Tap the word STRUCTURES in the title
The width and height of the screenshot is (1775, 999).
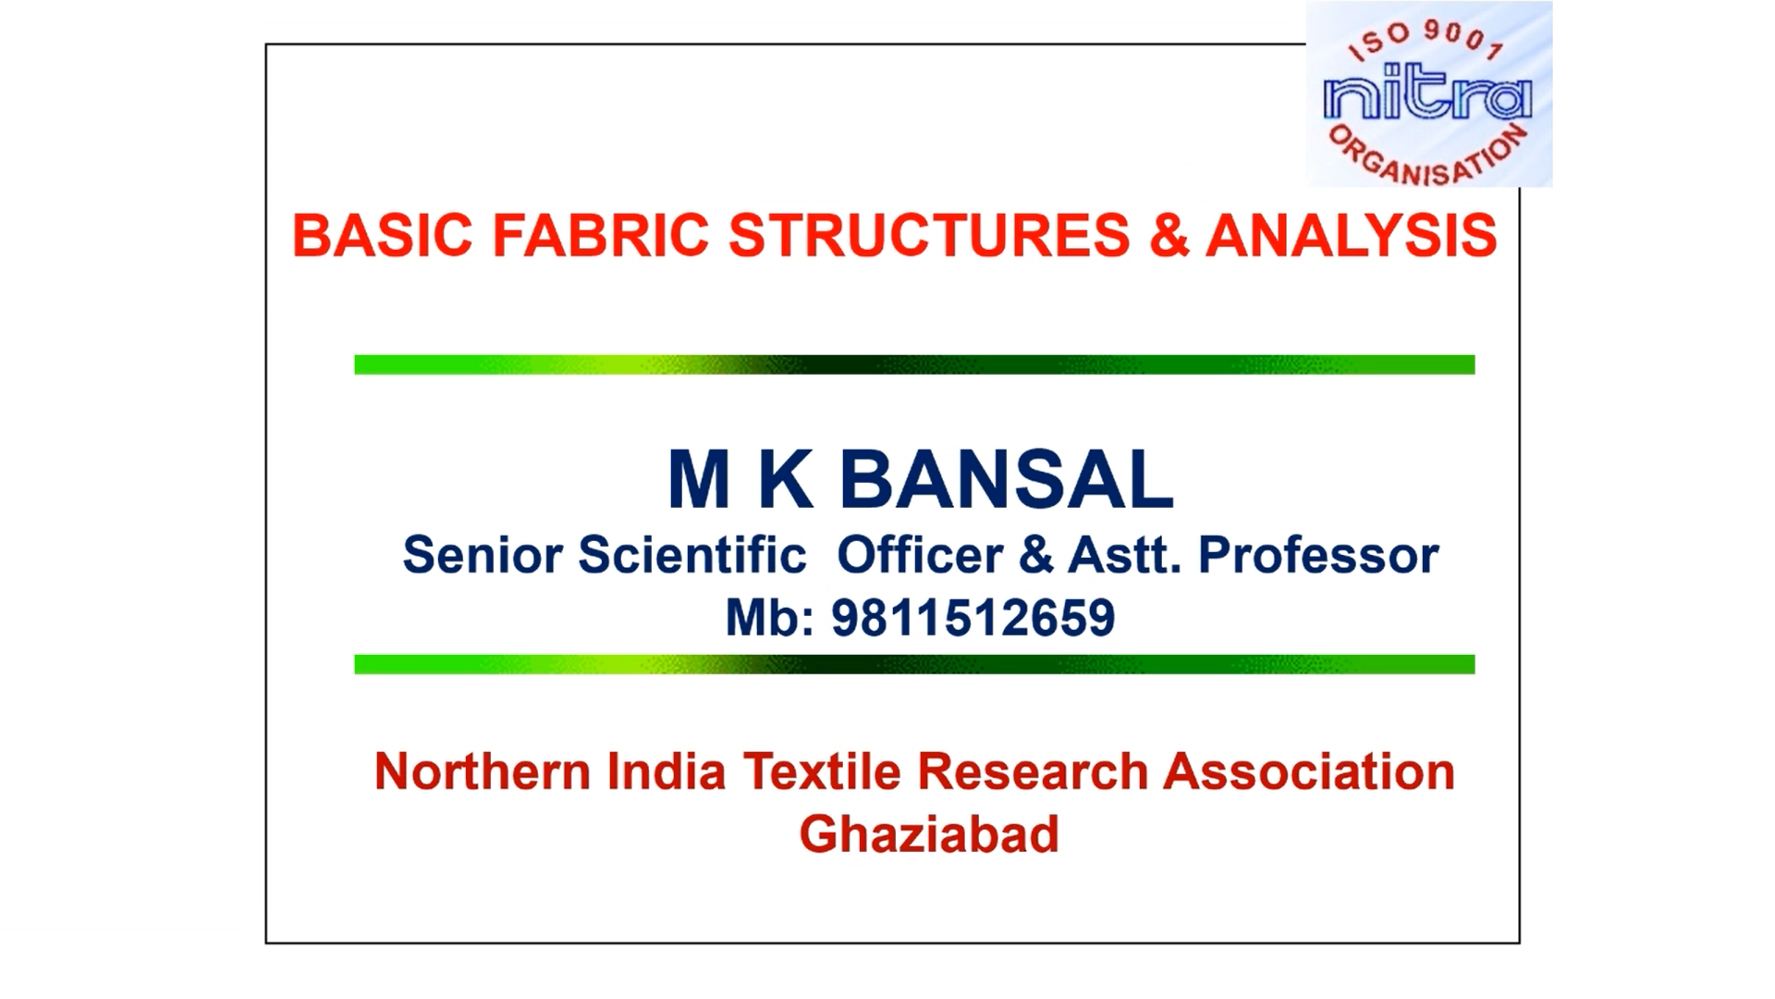(929, 235)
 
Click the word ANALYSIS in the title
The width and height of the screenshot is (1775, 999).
(1352, 235)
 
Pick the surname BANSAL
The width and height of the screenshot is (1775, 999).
(1007, 479)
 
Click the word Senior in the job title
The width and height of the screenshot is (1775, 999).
(483, 555)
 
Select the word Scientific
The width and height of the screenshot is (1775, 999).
(692, 555)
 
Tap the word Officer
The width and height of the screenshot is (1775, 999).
(920, 555)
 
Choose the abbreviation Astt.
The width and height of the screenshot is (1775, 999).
(1124, 555)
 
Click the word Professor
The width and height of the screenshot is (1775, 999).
(1318, 555)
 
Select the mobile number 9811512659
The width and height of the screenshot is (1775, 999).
(973, 618)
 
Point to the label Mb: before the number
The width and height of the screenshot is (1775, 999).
(769, 618)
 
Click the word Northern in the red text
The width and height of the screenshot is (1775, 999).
(483, 771)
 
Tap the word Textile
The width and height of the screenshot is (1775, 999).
(822, 771)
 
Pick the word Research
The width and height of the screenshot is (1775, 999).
(1033, 771)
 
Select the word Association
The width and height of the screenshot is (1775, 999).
(1309, 771)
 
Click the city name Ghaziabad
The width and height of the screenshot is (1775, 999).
(929, 834)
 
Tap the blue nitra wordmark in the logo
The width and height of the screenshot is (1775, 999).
(1427, 98)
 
